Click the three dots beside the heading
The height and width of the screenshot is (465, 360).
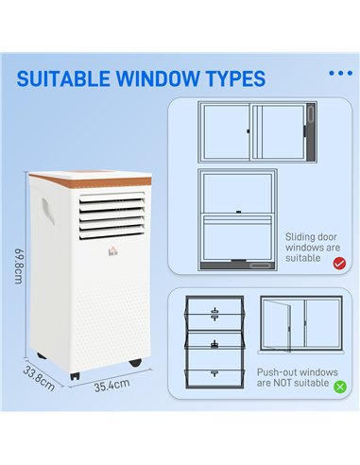point(339,73)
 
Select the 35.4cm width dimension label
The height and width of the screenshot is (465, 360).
point(111,387)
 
